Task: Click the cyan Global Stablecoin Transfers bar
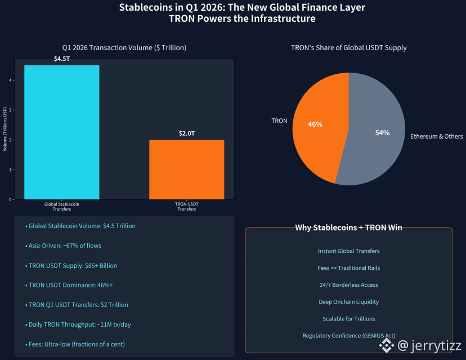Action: point(62,132)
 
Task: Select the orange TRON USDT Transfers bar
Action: point(187,169)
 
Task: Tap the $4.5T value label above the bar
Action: point(62,59)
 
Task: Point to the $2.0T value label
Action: point(187,134)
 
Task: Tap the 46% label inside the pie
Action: point(315,125)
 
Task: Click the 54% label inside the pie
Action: point(382,133)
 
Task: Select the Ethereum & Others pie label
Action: point(436,136)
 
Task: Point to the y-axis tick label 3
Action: point(10,110)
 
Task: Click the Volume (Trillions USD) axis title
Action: point(5,129)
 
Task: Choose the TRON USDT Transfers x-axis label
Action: point(187,207)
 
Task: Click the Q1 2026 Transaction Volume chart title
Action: point(124,48)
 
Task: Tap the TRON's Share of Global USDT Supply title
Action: point(348,48)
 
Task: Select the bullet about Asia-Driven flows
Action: point(63,246)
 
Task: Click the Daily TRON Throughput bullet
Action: point(78,325)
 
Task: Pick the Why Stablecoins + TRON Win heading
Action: point(348,228)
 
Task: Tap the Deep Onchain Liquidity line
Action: point(348,301)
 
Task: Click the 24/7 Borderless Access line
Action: point(348,285)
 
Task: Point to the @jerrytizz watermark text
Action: point(429,346)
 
